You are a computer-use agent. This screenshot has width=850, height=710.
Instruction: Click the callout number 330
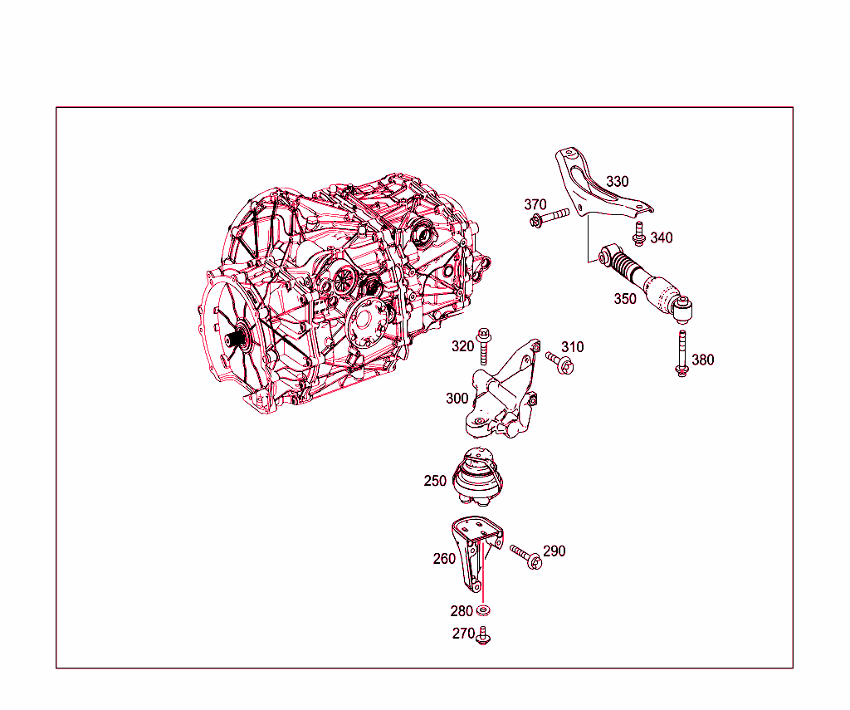[x=617, y=181]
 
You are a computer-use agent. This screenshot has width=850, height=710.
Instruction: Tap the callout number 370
[x=535, y=204]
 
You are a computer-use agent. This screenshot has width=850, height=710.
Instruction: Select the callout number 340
[x=662, y=237]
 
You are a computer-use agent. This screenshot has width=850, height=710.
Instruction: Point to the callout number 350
[x=625, y=299]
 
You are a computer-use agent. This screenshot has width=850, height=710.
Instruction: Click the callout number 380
[x=702, y=360]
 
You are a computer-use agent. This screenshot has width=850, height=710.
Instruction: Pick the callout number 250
[x=435, y=481]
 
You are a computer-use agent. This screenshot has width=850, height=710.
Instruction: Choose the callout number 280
[x=462, y=611]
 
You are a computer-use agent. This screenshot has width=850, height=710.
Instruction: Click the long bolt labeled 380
[x=682, y=353]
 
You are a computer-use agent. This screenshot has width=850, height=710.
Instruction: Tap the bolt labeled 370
[x=550, y=218]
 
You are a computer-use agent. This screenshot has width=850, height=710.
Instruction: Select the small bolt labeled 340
[x=639, y=234]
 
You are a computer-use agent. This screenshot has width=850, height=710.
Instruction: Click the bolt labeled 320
[x=483, y=346]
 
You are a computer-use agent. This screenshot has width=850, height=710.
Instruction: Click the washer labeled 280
[x=483, y=610]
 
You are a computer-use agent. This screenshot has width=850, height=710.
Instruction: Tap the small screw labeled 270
[x=482, y=636]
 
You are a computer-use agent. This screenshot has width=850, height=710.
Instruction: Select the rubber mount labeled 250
[x=477, y=476]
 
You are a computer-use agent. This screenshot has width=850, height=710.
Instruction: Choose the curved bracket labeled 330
[x=594, y=184]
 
